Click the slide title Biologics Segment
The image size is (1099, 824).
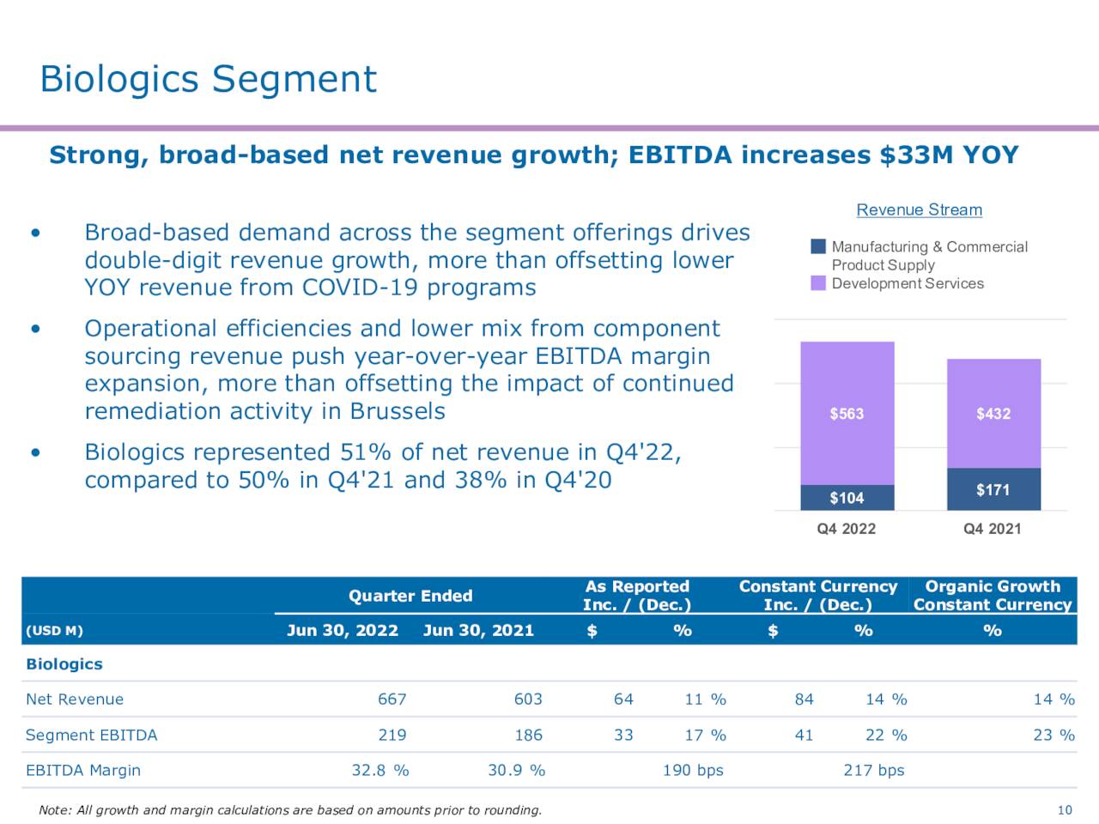click(x=208, y=79)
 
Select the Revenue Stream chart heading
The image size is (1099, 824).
click(x=919, y=210)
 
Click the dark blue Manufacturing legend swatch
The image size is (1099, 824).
click(x=818, y=246)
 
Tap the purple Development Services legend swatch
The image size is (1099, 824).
click(x=818, y=283)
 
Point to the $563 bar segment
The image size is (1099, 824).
click(x=847, y=414)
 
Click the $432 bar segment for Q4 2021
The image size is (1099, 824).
click(x=993, y=414)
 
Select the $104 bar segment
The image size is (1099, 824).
click(x=847, y=498)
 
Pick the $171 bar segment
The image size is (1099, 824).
click(x=993, y=489)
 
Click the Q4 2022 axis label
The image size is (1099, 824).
click(x=847, y=529)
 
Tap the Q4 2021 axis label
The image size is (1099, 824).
click(x=993, y=529)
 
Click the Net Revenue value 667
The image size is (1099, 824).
click(x=392, y=700)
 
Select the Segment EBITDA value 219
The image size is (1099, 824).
click(x=392, y=736)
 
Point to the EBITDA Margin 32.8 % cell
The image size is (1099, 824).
click(x=379, y=771)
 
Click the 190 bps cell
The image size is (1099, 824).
click(x=693, y=771)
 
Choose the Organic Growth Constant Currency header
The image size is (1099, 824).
click(x=993, y=596)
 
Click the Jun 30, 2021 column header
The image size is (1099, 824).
click(x=478, y=631)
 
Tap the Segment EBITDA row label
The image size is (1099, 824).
click(x=92, y=736)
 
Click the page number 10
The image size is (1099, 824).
click(x=1065, y=810)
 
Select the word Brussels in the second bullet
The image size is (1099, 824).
click(x=398, y=411)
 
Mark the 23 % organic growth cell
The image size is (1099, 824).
click(x=1053, y=736)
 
